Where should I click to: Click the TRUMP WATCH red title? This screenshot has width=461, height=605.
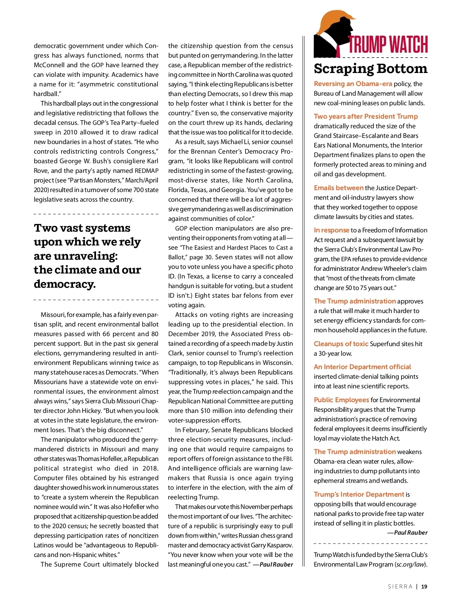[x=388, y=45]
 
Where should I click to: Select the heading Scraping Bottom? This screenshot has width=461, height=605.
[x=370, y=69]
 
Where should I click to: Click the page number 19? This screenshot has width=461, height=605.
[x=424, y=587]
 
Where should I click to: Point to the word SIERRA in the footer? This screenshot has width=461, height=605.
[x=400, y=587]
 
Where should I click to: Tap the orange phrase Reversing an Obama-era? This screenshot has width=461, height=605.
[x=353, y=84]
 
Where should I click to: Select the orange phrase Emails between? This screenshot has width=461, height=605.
[x=338, y=188]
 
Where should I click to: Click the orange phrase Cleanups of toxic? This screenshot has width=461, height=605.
[x=341, y=344]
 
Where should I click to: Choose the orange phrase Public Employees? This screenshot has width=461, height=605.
[x=341, y=400]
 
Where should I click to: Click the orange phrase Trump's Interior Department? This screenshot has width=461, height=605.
[x=359, y=494]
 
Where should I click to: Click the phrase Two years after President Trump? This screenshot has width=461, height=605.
[x=366, y=116]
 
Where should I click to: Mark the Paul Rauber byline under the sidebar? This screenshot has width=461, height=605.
[x=410, y=532]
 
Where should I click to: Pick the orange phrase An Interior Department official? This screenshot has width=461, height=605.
[x=362, y=367]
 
